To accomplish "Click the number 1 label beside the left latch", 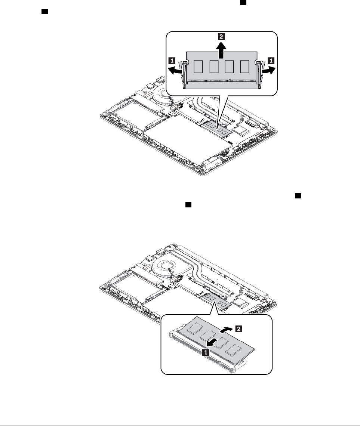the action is [x=172, y=59].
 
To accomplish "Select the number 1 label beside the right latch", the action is [x=271, y=59].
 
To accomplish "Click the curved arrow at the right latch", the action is [x=268, y=70].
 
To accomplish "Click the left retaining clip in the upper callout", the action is [x=184, y=73].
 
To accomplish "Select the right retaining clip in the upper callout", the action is [x=258, y=73].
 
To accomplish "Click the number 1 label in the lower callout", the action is [x=205, y=352].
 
